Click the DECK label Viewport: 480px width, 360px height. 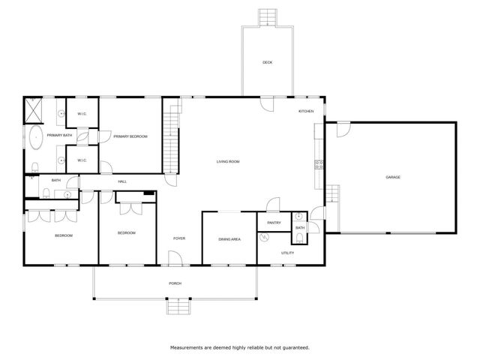(267, 62)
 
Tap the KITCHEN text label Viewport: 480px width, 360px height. (306, 111)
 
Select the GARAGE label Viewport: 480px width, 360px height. (393, 177)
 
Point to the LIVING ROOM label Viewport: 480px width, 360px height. (228, 161)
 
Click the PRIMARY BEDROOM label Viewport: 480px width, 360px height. (130, 136)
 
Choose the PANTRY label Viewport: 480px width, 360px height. (274, 222)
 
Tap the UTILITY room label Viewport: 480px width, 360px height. (287, 253)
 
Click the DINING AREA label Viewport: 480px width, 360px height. (229, 239)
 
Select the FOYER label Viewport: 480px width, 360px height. (179, 238)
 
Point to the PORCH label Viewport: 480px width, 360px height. (175, 283)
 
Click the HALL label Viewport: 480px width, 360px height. (121, 181)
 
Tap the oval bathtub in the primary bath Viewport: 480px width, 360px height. (35, 137)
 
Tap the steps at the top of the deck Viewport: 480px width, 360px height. (267, 17)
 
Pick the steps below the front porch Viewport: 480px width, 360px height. (178, 306)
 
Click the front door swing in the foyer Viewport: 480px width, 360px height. (175, 259)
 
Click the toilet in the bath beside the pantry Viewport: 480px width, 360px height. (299, 238)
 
